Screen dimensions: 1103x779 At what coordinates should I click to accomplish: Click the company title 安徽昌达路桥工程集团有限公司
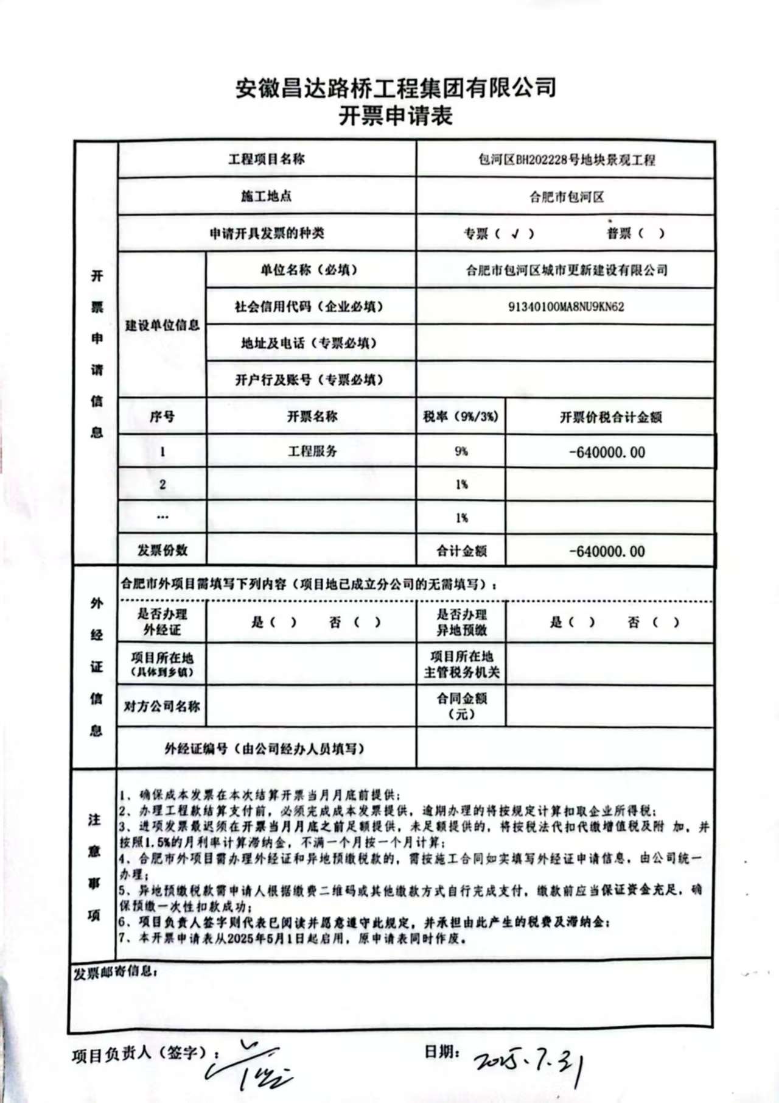pos(396,88)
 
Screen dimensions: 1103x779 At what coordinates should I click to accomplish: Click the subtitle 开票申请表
pos(396,115)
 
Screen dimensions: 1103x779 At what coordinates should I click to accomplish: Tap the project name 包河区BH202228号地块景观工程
pos(567,160)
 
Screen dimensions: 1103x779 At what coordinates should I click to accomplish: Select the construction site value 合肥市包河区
pos(567,197)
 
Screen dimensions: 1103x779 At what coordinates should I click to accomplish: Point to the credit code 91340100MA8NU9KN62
pos(566,306)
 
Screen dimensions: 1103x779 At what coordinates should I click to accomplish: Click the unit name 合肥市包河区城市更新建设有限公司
pos(567,270)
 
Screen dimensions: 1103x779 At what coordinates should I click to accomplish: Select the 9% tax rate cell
pos(461,451)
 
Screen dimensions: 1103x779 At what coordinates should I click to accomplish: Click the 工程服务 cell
pos(312,451)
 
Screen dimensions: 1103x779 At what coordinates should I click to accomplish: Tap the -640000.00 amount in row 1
pos(607,452)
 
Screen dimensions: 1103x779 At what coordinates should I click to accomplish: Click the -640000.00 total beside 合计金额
pos(607,551)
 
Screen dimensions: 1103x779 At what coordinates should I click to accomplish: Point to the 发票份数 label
pos(162,551)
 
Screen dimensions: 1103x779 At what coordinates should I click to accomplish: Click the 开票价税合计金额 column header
pos(610,417)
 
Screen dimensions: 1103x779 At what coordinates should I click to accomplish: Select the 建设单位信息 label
pos(162,325)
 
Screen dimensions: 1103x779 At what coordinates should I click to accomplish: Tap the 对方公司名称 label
pos(162,707)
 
